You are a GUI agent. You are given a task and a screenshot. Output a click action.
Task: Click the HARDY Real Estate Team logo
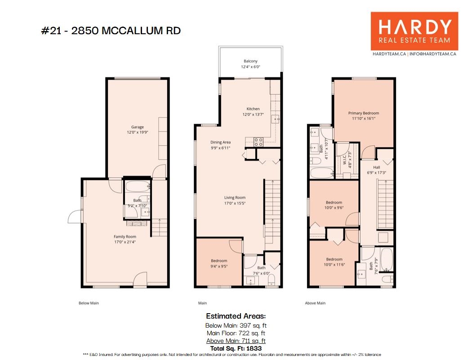[x=414, y=31]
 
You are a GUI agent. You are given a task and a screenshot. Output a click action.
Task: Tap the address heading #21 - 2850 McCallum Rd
[x=111, y=31]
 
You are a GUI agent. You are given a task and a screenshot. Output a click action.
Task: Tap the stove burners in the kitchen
[x=259, y=142]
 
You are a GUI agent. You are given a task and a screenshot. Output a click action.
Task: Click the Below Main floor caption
[x=89, y=303]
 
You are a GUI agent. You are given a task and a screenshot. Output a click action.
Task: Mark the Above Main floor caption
[x=315, y=303]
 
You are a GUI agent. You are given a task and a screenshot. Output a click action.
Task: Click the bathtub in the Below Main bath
[x=138, y=187]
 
